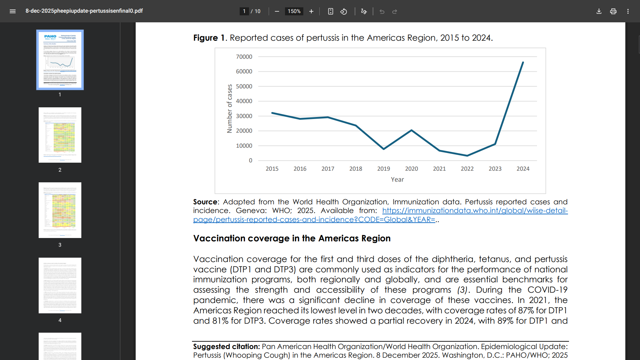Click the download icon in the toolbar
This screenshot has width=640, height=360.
click(599, 11)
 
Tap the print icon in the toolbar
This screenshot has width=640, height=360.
click(613, 11)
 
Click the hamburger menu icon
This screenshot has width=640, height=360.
click(13, 11)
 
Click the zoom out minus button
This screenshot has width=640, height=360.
click(277, 11)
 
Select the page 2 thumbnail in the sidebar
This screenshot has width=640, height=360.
click(60, 135)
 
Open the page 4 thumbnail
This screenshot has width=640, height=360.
click(60, 285)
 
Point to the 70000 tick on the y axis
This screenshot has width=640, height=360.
click(244, 57)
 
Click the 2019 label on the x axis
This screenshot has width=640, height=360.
click(383, 169)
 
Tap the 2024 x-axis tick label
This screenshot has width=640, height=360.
click(523, 169)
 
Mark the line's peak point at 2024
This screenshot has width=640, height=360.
click(523, 62)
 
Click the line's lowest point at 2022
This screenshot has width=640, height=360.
click(467, 156)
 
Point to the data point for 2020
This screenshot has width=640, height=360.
click(411, 130)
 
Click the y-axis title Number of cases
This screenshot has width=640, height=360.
click(229, 109)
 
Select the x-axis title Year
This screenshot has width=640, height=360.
click(397, 180)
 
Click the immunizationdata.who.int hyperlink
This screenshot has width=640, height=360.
click(475, 211)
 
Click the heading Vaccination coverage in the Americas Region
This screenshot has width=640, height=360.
click(292, 238)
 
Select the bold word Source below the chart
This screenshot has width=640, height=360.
click(205, 202)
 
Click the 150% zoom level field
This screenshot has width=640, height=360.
click(294, 11)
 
